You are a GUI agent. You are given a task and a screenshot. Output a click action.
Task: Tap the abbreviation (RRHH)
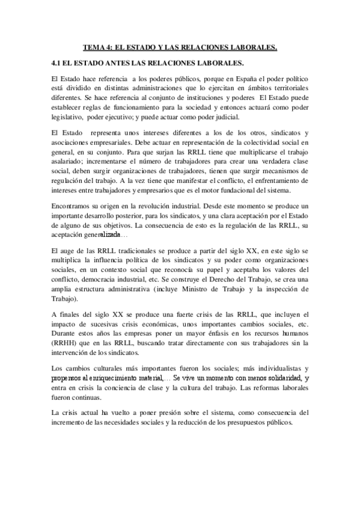(x=65, y=343)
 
